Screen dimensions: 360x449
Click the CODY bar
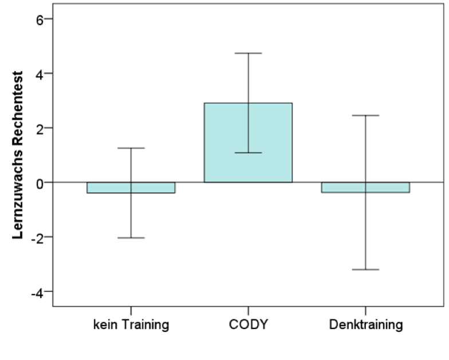248,143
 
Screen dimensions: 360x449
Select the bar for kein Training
131,187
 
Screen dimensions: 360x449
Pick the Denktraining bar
365,187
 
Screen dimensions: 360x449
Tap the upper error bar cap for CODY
248,53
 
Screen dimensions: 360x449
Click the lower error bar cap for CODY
248,152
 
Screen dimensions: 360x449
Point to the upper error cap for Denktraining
365,115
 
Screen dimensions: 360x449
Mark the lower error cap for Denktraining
365,269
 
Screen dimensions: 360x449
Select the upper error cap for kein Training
131,148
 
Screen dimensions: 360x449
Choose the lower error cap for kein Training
131,237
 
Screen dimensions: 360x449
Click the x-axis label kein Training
131,325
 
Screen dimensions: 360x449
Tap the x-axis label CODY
248,325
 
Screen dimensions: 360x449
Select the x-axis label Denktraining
365,325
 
